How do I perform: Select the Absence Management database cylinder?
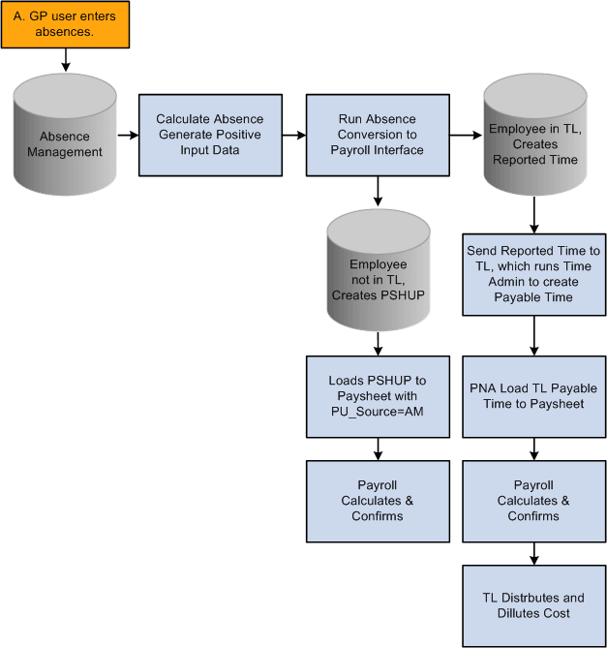point(65,136)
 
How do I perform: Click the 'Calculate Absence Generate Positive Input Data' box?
point(209,136)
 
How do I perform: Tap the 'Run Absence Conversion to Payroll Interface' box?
point(378,136)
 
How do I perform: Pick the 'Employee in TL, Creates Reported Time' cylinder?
point(533,136)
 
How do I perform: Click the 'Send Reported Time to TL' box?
point(533,274)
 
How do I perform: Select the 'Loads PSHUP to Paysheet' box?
point(378,396)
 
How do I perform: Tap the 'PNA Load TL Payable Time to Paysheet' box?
point(533,396)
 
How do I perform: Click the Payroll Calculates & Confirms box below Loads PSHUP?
point(378,501)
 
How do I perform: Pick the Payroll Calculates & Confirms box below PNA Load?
point(533,501)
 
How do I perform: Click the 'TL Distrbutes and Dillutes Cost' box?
point(533,605)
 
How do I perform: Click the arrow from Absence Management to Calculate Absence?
point(126,136)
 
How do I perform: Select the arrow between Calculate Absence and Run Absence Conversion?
point(293,136)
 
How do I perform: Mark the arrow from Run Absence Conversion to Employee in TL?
point(466,136)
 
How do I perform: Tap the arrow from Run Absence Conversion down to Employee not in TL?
point(378,193)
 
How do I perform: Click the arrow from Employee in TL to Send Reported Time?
point(533,214)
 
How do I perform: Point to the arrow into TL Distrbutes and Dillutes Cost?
point(533,554)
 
